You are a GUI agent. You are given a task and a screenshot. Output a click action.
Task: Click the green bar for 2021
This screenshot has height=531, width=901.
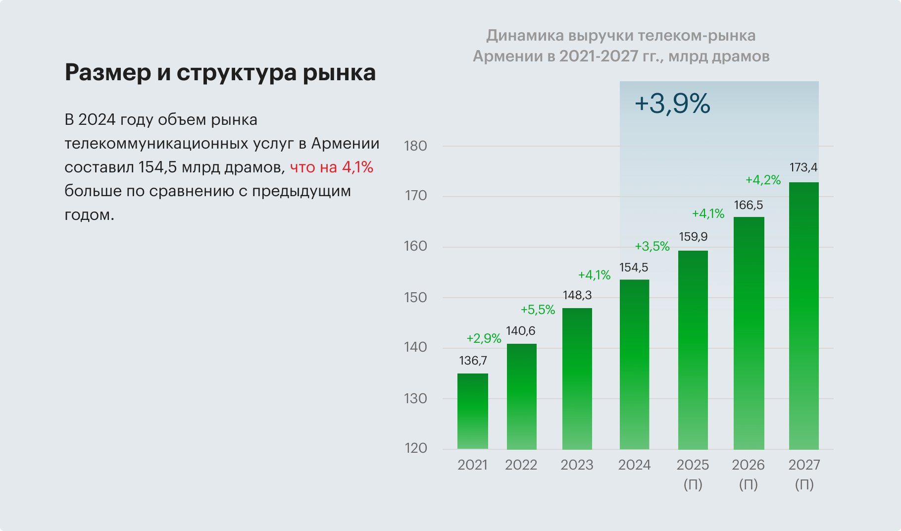pyautogui.click(x=472, y=411)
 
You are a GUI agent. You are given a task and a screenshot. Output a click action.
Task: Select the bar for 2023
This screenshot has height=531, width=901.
pyautogui.click(x=577, y=378)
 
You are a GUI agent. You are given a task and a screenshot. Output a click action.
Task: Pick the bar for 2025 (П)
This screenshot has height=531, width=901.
pyautogui.click(x=693, y=350)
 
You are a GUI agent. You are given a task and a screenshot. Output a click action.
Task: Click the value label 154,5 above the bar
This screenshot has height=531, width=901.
pyautogui.click(x=633, y=268)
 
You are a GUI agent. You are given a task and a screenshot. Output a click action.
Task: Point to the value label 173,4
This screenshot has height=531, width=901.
pyautogui.click(x=803, y=168)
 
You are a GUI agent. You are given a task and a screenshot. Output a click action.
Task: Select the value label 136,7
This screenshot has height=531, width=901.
pyautogui.click(x=473, y=361)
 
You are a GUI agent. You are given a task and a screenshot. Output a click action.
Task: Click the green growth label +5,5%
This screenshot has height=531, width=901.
pyautogui.click(x=538, y=310)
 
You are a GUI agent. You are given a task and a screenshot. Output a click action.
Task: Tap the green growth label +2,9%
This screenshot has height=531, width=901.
pyautogui.click(x=484, y=339)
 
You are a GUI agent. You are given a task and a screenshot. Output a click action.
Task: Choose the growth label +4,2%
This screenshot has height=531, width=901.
pyautogui.click(x=763, y=180)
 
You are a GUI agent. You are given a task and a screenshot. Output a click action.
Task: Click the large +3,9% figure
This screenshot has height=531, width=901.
pyautogui.click(x=672, y=104)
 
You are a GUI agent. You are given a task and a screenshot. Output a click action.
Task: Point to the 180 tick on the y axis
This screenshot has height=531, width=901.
pyautogui.click(x=415, y=146)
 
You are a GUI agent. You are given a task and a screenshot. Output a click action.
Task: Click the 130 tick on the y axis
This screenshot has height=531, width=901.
pyautogui.click(x=415, y=399)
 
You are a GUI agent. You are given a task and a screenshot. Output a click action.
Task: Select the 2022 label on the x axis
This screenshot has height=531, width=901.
pyautogui.click(x=521, y=465)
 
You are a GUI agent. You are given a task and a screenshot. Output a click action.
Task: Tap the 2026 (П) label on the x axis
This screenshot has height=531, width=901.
pyautogui.click(x=748, y=474)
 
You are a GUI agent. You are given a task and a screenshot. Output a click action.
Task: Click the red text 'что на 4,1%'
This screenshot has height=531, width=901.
pyautogui.click(x=331, y=167)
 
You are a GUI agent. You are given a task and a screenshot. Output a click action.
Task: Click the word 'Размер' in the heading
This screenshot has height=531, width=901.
pyautogui.click(x=108, y=73)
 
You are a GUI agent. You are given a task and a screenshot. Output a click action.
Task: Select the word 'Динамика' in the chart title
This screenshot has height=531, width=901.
pyautogui.click(x=525, y=36)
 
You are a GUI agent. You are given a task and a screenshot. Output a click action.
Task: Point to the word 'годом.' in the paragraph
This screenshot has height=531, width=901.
pyautogui.click(x=89, y=215)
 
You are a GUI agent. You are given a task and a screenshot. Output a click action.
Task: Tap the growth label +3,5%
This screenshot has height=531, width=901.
pyautogui.click(x=652, y=247)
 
